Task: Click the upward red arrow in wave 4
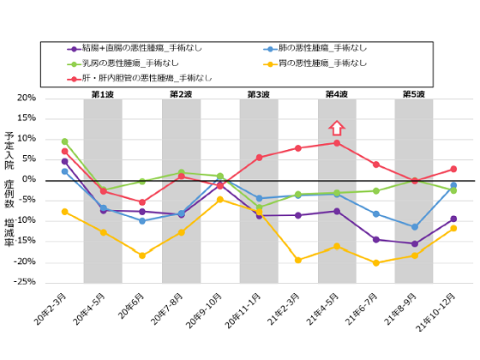tap(337, 128)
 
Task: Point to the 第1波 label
tap(102, 93)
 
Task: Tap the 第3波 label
tap(258, 93)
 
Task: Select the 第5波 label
tap(414, 93)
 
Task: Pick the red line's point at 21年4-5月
tap(337, 142)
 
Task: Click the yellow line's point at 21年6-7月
tap(375, 262)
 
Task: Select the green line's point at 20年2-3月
tap(64, 141)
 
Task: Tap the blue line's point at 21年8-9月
tap(415, 226)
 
